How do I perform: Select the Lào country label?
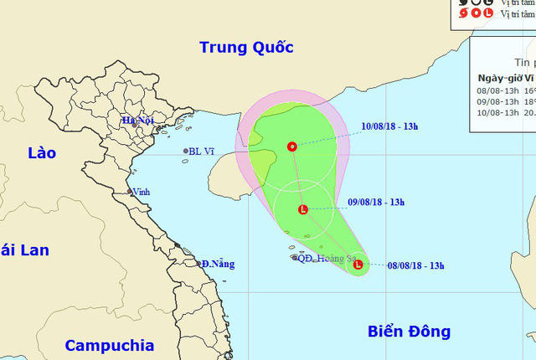pyautogui.click(x=40, y=153)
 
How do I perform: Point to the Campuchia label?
pyautogui.click(x=110, y=345)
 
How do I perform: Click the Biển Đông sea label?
pyautogui.click(x=409, y=332)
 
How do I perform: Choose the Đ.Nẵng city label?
pyautogui.click(x=218, y=264)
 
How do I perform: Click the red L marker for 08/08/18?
pyautogui.click(x=358, y=265)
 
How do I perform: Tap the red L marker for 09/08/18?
pyautogui.click(x=303, y=209)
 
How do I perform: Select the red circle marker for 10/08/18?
pyautogui.click(x=291, y=147)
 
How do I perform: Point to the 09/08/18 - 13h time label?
pyautogui.click(x=376, y=202)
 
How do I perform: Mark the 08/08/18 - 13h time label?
pyautogui.click(x=416, y=266)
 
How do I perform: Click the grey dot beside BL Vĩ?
pyautogui.click(x=186, y=152)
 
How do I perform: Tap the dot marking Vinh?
pyautogui.click(x=130, y=192)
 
